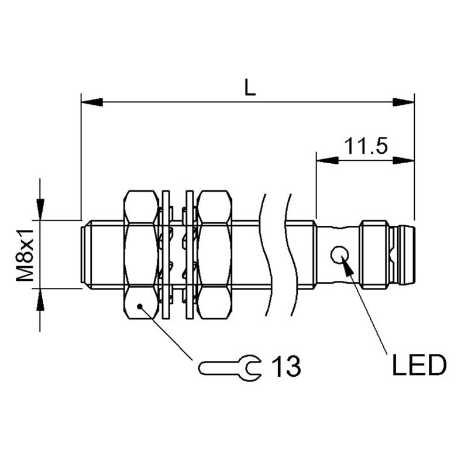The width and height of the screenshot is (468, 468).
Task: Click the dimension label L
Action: click(x=250, y=88)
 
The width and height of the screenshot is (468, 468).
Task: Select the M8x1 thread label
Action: click(x=26, y=254)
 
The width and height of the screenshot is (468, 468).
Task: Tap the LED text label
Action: click(x=419, y=366)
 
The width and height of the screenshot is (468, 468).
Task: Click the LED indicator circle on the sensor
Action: click(x=340, y=254)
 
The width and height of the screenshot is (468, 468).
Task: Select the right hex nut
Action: click(x=215, y=254)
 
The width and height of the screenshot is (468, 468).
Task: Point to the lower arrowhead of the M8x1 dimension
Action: click(x=40, y=300)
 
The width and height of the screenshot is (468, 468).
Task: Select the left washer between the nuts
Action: click(x=166, y=254)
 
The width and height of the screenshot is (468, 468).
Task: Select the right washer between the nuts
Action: click(x=189, y=254)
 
